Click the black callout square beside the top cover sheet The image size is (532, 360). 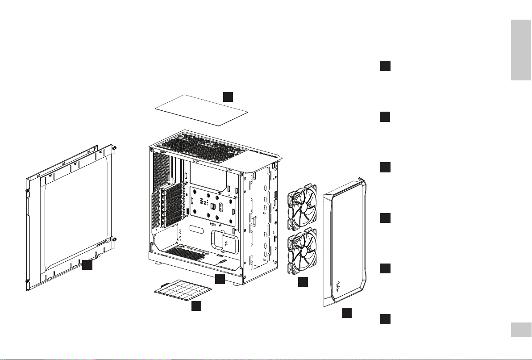pyautogui.click(x=228, y=96)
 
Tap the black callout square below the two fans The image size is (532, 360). pyautogui.click(x=303, y=282)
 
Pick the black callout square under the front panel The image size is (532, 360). pyautogui.click(x=347, y=313)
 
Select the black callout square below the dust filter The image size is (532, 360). pyautogui.click(x=196, y=306)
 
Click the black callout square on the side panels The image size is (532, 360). pyautogui.click(x=87, y=265)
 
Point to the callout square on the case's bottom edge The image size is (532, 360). pyautogui.click(x=220, y=280)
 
